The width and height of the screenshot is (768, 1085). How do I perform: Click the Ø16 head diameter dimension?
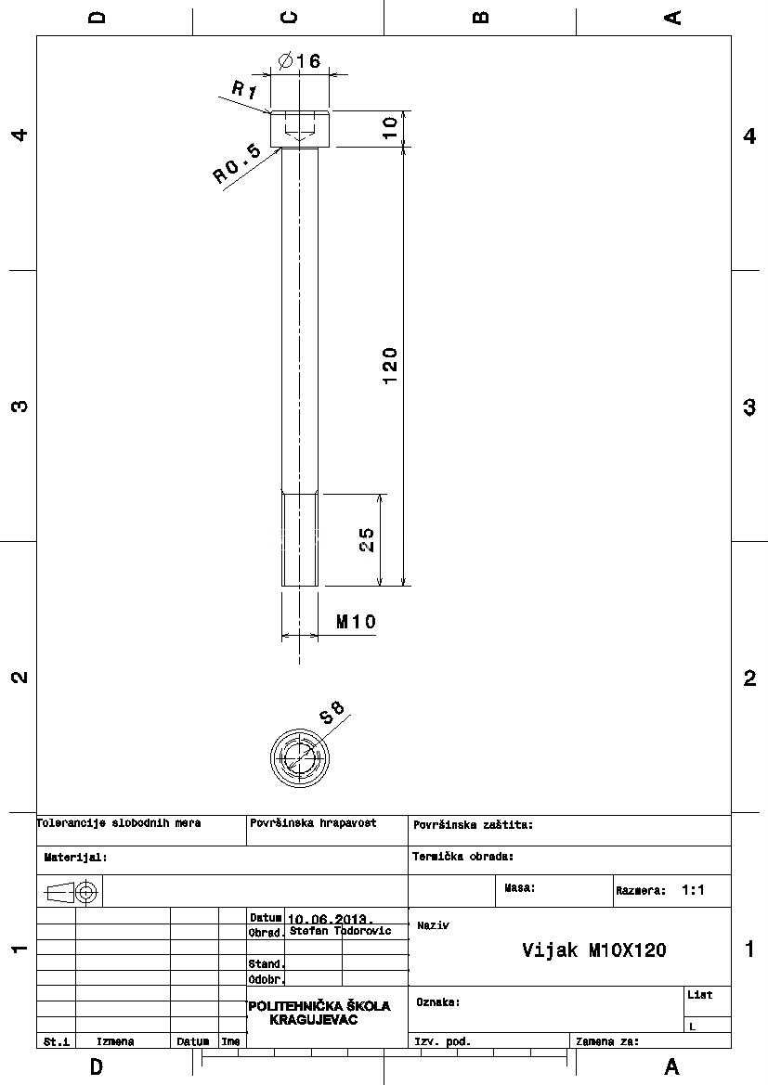click(299, 61)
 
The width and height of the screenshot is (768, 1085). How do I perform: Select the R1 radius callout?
click(243, 90)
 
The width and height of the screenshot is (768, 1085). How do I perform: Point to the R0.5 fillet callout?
click(236, 163)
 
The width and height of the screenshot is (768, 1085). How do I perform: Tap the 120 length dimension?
click(390, 366)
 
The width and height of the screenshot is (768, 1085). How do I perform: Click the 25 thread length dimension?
click(367, 540)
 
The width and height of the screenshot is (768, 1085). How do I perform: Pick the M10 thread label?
click(356, 621)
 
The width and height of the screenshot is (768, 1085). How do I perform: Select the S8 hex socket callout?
click(332, 712)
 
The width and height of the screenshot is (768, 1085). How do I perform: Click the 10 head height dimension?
click(391, 127)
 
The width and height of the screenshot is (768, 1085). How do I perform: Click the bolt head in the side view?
click(300, 128)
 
